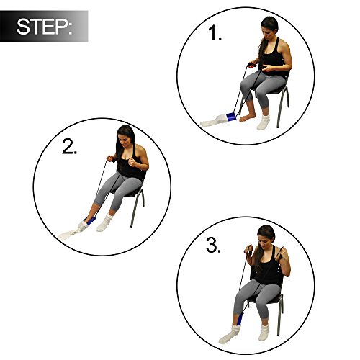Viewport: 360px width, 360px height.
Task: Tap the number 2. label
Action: (x=71, y=148)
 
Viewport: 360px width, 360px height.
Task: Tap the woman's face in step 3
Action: (x=266, y=238)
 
